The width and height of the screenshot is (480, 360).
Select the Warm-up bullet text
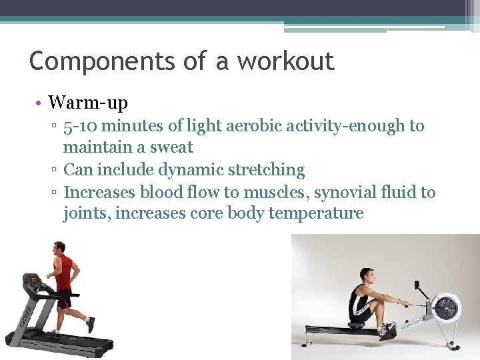pyautogui.click(x=88, y=103)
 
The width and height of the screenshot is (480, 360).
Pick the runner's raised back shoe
pyautogui.click(x=90, y=325)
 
